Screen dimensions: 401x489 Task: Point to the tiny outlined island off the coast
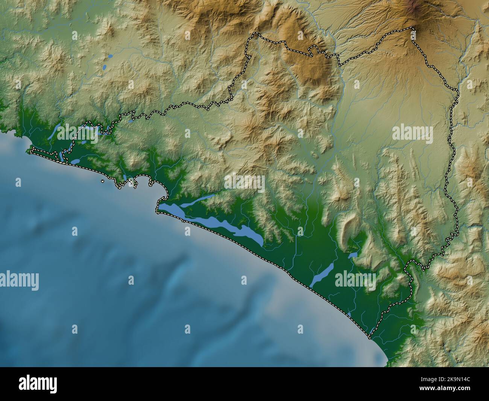103,181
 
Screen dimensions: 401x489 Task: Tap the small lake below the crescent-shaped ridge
353,255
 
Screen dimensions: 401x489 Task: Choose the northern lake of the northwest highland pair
110,56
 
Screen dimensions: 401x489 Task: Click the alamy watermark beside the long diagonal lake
355,280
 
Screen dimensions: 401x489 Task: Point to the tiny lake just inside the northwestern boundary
130,122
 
